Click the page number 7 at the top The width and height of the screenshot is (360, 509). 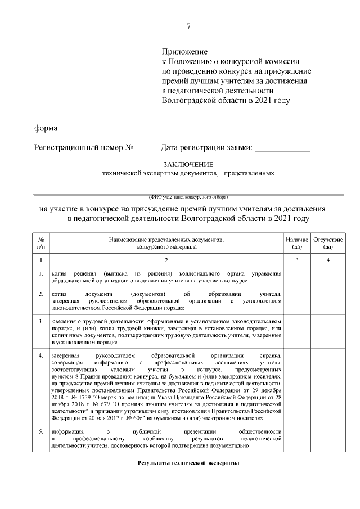(x=188, y=26)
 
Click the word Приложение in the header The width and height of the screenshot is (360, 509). (x=184, y=52)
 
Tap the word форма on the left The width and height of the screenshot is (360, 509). (x=46, y=128)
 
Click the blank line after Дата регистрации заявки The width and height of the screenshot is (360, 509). (x=282, y=149)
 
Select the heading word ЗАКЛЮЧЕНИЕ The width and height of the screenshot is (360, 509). (x=188, y=164)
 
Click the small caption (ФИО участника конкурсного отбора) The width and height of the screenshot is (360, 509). (x=188, y=197)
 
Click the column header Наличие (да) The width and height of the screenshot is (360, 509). (x=296, y=243)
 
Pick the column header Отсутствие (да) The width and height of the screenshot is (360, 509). (x=328, y=243)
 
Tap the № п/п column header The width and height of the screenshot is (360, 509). (x=41, y=243)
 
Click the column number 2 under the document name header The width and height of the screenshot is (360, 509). (x=166, y=259)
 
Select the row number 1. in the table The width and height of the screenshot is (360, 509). (x=41, y=274)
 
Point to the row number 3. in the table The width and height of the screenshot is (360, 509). (x=41, y=321)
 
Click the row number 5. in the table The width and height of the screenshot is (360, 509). (x=41, y=431)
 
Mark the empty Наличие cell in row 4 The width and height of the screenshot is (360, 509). (x=296, y=387)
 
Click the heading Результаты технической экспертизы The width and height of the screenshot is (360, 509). (x=188, y=463)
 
